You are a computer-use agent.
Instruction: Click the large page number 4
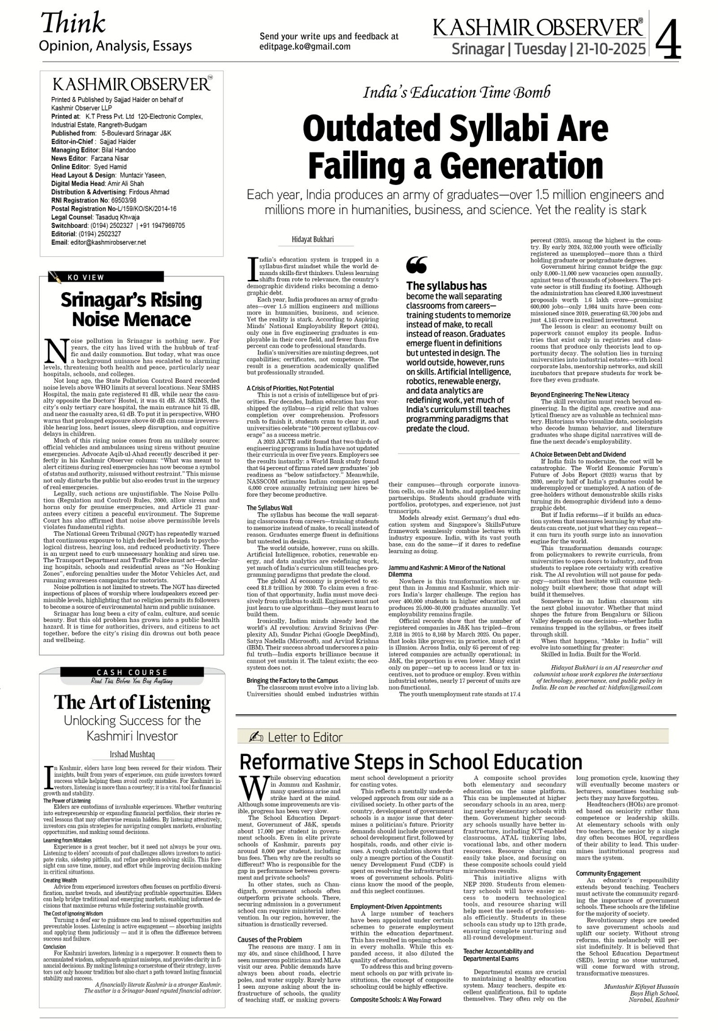point(668,39)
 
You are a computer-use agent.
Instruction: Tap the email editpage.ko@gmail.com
point(305,47)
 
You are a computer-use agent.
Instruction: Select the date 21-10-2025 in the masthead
point(608,49)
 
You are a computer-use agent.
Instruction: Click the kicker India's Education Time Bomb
point(457,93)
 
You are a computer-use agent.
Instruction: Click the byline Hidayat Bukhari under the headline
point(312,239)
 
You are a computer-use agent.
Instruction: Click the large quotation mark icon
point(417,264)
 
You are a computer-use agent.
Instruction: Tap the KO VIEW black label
point(86,278)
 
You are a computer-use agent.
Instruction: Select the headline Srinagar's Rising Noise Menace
point(131,309)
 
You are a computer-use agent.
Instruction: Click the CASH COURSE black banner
point(132,673)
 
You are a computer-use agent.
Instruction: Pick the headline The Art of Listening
point(132,702)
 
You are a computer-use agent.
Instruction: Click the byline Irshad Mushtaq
point(132,753)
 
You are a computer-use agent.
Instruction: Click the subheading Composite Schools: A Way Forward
point(396,999)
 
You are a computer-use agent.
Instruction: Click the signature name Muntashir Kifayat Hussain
point(641,986)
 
